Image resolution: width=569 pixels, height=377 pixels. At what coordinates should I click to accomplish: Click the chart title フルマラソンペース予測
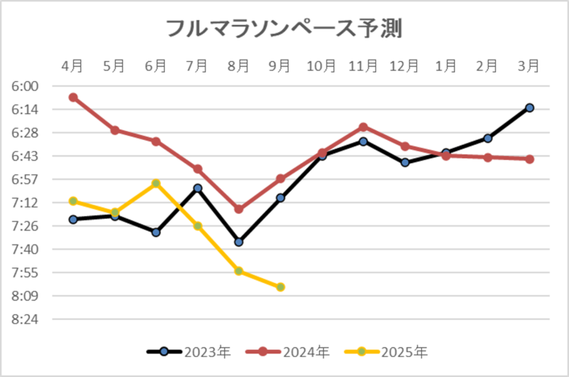(284, 28)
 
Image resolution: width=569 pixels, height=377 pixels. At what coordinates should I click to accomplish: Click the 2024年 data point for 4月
(73, 97)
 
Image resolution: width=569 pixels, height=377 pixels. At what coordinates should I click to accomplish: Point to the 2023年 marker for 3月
(529, 107)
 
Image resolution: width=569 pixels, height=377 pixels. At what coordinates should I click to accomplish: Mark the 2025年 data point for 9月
(280, 287)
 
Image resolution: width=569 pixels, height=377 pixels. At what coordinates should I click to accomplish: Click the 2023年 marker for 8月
(239, 242)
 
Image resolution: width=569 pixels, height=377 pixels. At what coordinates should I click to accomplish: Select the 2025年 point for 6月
(156, 184)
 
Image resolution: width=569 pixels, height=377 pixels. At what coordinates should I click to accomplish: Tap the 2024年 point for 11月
(363, 127)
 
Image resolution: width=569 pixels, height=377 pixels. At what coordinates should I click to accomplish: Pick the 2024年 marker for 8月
(239, 209)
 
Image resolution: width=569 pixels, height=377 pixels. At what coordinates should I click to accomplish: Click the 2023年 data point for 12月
(405, 162)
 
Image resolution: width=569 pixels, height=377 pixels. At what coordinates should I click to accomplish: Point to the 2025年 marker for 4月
(73, 201)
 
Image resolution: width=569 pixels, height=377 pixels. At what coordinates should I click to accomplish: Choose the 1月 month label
(446, 66)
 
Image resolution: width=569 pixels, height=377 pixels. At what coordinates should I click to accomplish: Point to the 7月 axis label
(197, 66)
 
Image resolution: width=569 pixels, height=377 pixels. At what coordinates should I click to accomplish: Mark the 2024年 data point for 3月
(529, 159)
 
